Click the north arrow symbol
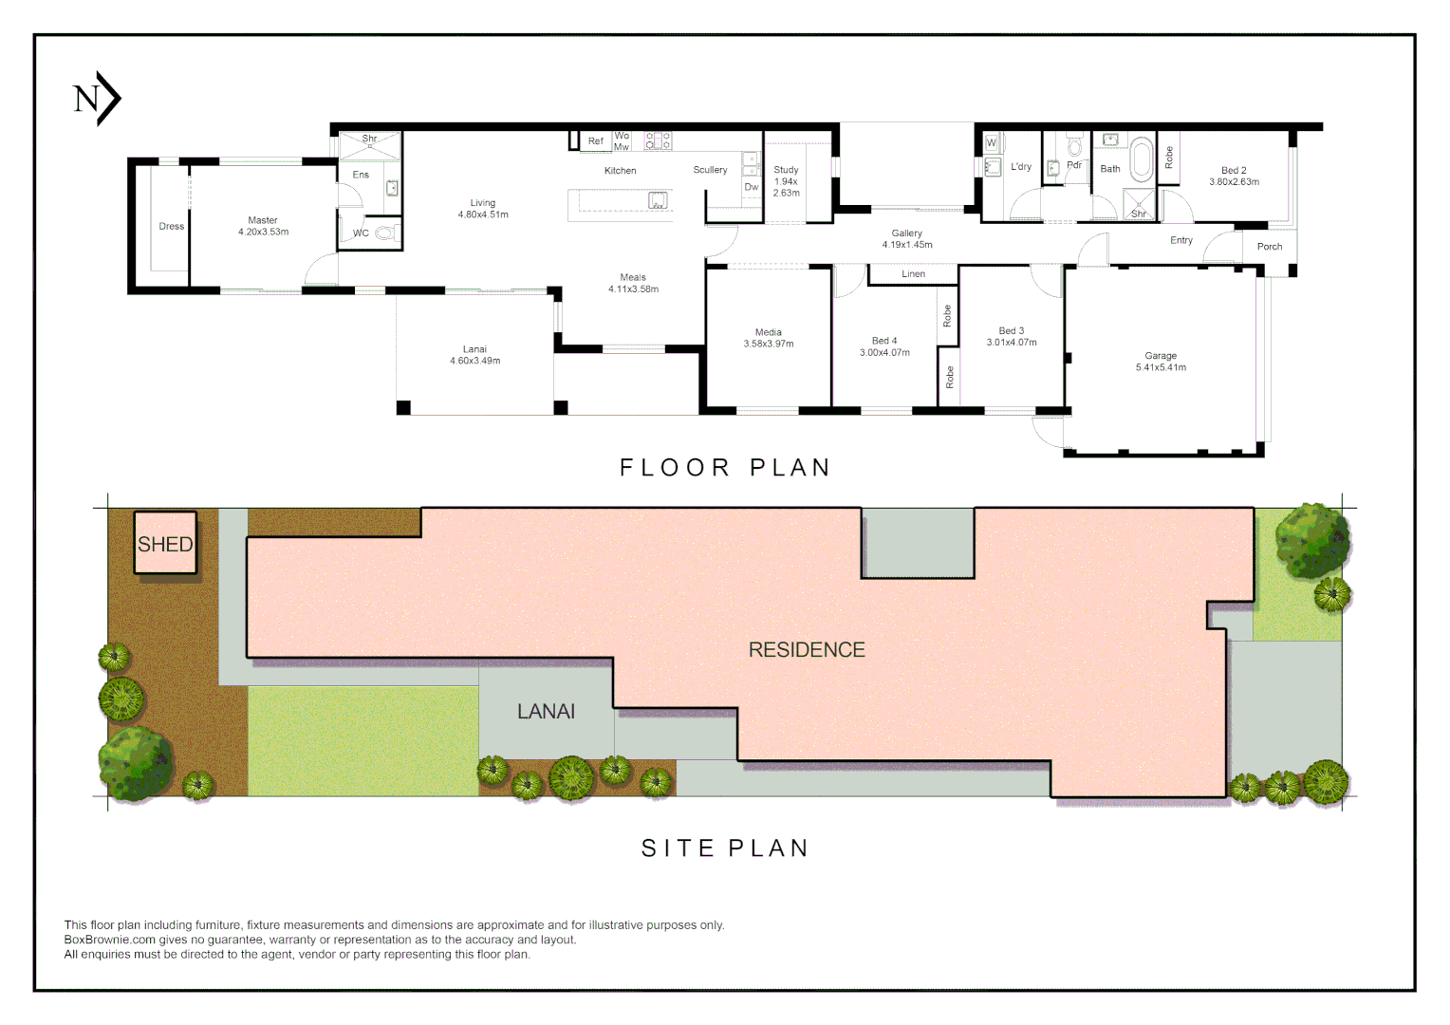(97, 99)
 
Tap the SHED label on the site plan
(165, 544)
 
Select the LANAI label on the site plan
(546, 712)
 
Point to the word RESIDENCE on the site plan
(807, 649)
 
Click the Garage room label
(1161, 356)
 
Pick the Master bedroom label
(263, 220)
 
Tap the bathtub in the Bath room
(1142, 158)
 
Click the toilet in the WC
(387, 232)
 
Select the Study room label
(786, 170)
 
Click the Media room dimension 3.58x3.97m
(769, 344)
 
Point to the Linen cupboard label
(914, 274)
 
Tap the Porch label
(1270, 247)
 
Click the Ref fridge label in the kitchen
(596, 141)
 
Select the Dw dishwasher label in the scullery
(751, 187)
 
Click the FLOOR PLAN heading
(725, 468)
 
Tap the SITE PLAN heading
(725, 848)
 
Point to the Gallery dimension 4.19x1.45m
(907, 245)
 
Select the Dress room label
(172, 226)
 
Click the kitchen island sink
(658, 200)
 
